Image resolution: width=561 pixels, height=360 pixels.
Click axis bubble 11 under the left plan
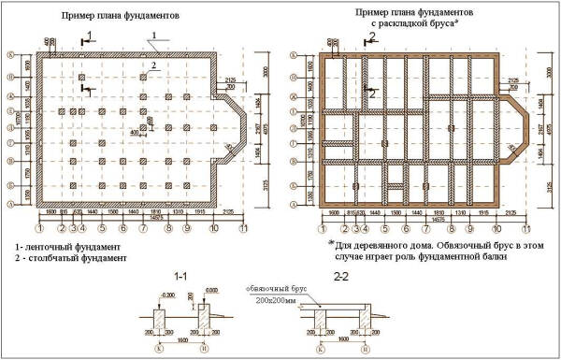[x=246, y=227]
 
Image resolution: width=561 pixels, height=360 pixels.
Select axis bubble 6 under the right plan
[x=405, y=227]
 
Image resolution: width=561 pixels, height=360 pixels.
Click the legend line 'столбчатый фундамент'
[x=74, y=257]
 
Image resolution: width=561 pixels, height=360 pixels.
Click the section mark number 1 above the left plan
[x=89, y=36]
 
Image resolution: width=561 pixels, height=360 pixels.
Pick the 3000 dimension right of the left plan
[x=265, y=71]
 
